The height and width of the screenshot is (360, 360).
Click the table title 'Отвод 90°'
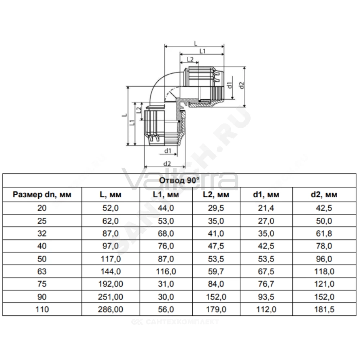(179, 180)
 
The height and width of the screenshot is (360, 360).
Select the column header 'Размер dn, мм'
(42, 195)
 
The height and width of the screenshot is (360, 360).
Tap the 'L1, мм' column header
(166, 195)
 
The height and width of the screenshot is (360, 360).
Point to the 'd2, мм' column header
(324, 195)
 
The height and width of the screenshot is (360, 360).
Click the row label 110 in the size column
(42, 309)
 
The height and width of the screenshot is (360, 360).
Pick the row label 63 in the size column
(42, 271)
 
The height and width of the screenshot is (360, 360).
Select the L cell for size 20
(111, 208)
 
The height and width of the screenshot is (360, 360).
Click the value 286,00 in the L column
(111, 309)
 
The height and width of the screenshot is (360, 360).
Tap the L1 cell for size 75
(166, 284)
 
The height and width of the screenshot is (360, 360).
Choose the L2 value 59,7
(216, 271)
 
